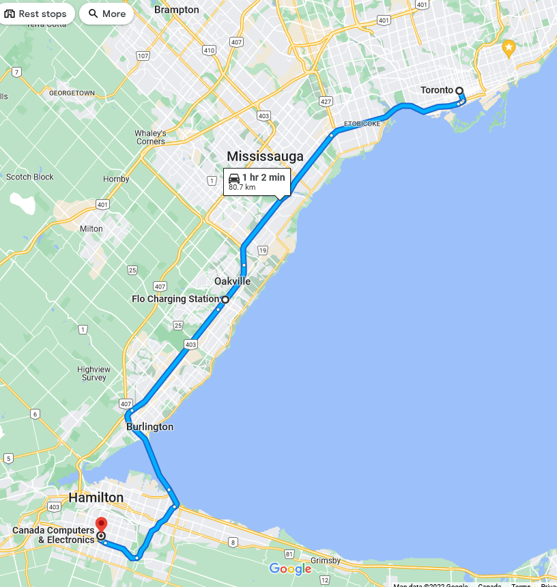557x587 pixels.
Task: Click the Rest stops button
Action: [x=35, y=14]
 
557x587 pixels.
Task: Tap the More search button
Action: [x=106, y=14]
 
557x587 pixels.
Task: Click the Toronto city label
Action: [x=437, y=90]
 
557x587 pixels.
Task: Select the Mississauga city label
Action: [x=265, y=156]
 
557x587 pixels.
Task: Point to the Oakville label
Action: [x=232, y=281]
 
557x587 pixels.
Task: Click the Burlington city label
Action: [x=149, y=427]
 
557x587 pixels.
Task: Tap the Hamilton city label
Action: [x=96, y=498]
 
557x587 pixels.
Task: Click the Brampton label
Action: [x=176, y=10]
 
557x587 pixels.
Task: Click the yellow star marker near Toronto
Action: [x=508, y=48]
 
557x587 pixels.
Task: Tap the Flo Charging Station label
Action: [x=175, y=299]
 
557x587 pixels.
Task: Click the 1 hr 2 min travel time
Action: [x=263, y=177]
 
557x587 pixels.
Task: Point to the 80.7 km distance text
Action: [x=242, y=187]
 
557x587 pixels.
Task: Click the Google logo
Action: [x=290, y=569]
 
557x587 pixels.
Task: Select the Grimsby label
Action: [x=325, y=560]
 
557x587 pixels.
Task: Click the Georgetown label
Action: [x=72, y=93]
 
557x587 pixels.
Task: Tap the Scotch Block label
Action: [x=29, y=177]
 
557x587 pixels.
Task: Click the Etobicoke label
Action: [x=362, y=124]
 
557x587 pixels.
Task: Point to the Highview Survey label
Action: [x=94, y=373]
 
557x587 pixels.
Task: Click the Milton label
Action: [x=91, y=229]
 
